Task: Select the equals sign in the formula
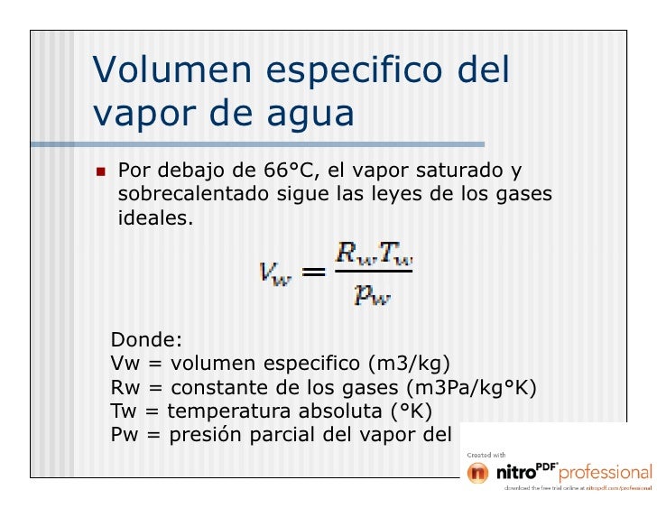tap(313, 272)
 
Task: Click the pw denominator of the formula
tap(372, 293)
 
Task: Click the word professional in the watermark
tap(606, 472)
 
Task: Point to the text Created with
tap(486, 454)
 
